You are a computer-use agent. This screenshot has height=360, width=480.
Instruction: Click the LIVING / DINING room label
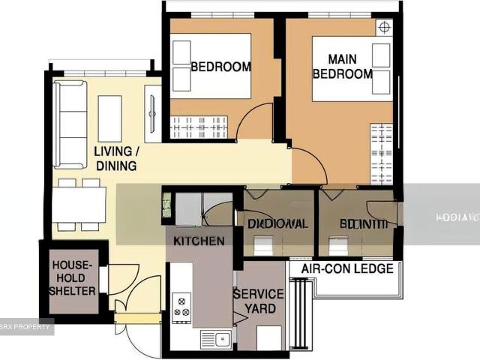point(115,158)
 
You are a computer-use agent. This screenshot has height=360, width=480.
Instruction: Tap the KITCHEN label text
point(199,241)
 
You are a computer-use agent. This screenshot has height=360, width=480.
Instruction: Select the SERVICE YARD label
point(259,301)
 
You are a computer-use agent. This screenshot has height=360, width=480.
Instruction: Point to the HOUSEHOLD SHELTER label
point(73,277)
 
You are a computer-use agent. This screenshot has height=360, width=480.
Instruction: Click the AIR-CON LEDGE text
point(348,268)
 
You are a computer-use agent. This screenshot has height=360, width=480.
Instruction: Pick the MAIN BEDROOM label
point(342,67)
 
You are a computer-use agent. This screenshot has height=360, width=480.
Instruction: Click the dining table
point(79,204)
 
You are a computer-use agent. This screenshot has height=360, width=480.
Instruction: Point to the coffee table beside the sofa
point(109,118)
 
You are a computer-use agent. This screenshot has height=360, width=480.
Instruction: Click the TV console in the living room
point(152,114)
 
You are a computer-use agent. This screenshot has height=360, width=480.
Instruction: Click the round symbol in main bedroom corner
point(384,28)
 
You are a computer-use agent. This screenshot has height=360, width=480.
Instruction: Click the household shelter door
point(104,279)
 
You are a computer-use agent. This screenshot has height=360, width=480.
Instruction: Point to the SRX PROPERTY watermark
point(27,327)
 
